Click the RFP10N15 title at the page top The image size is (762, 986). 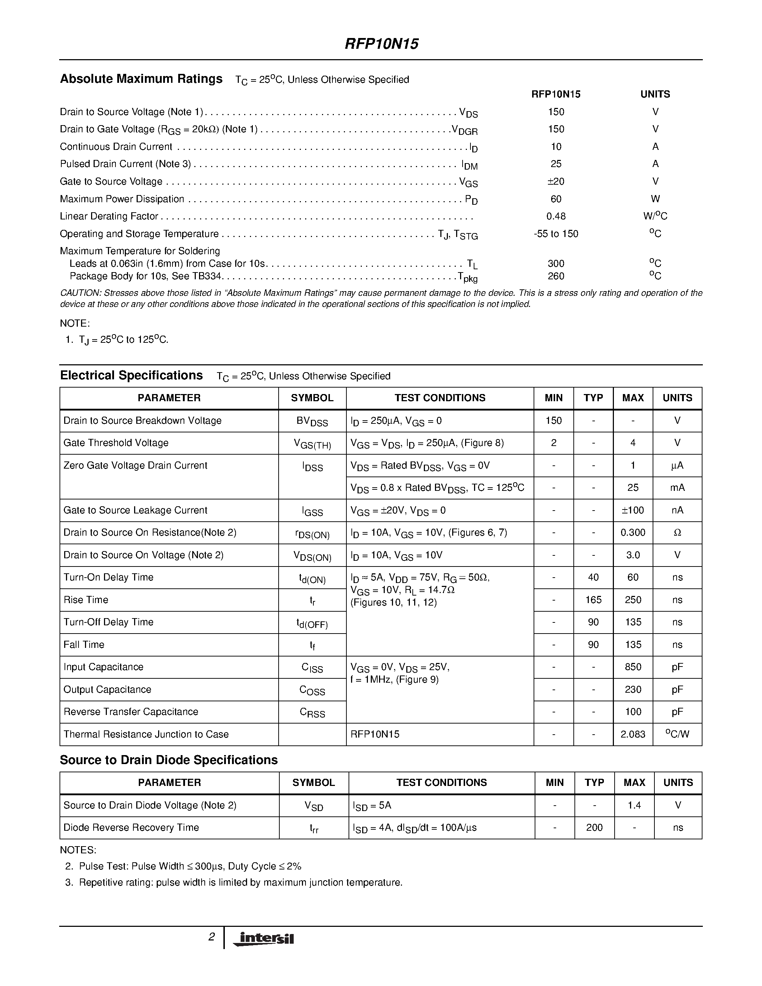pos(382,44)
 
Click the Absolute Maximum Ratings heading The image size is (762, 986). pos(141,79)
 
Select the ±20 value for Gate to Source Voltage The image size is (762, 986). pos(556,181)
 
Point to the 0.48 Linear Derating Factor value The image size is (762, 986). pos(556,216)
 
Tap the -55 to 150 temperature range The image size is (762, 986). pos(556,234)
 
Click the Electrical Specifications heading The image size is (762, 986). pos(131,376)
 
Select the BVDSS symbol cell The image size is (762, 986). pos(312,421)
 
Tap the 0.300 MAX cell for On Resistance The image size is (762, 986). pos(633,533)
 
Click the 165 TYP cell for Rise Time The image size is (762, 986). pos(593,600)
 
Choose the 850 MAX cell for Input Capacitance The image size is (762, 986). pos(633,667)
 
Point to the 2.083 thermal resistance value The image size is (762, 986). pos(633,735)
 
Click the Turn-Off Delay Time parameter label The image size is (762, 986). pos(108,622)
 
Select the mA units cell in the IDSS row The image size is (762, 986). pos(677,488)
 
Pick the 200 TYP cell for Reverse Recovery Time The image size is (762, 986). pos(594,828)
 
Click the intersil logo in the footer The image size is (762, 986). pos(263,939)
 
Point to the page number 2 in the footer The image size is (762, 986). pos(211,937)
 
